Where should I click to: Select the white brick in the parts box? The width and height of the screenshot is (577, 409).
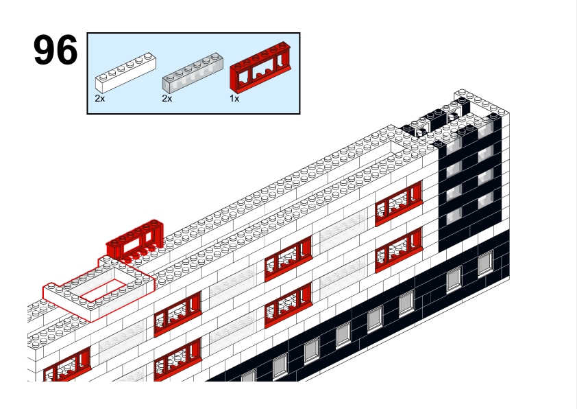[125, 73]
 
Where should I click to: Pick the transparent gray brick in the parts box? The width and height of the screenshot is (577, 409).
[193, 73]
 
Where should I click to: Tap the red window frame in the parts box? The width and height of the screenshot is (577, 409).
[260, 67]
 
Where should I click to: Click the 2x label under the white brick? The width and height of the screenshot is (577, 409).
[100, 98]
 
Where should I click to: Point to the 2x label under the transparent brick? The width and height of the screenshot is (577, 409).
[167, 98]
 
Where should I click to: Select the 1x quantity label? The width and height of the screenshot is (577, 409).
[234, 98]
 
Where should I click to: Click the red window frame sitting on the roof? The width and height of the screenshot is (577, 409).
[135, 241]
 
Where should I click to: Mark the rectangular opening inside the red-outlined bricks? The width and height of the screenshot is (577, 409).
[103, 290]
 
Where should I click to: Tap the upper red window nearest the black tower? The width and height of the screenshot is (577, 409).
[399, 203]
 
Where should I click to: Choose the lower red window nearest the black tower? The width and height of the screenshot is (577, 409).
[399, 250]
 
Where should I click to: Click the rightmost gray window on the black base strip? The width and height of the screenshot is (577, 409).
[485, 263]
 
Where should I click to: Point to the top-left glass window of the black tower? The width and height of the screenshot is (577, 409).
[454, 147]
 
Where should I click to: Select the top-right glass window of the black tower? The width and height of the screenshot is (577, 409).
[486, 131]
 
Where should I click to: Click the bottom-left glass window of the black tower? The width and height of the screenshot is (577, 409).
[454, 215]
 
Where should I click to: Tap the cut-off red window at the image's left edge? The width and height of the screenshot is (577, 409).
[67, 365]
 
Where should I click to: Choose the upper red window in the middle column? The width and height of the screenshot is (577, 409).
[288, 259]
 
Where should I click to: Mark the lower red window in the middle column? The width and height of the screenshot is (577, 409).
[288, 305]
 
